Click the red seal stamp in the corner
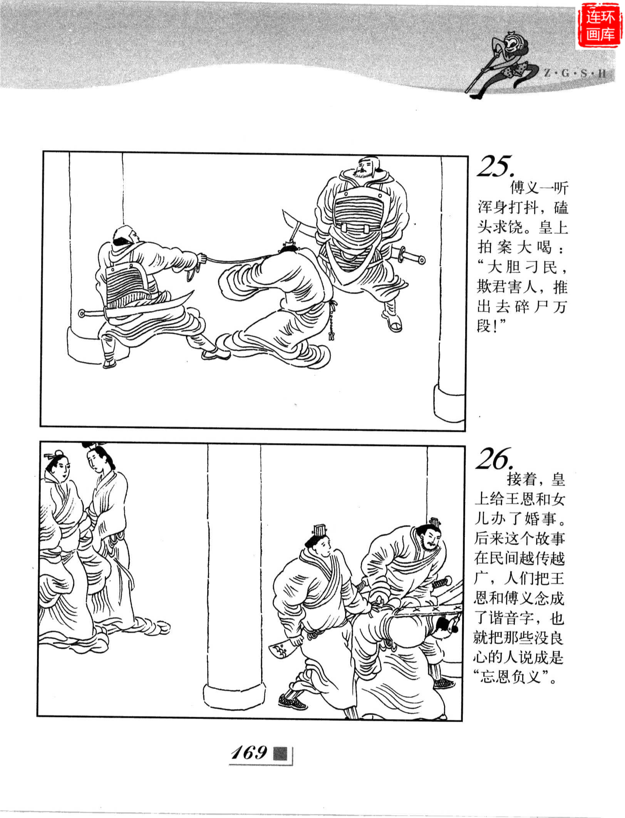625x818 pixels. pyautogui.click(x=600, y=26)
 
